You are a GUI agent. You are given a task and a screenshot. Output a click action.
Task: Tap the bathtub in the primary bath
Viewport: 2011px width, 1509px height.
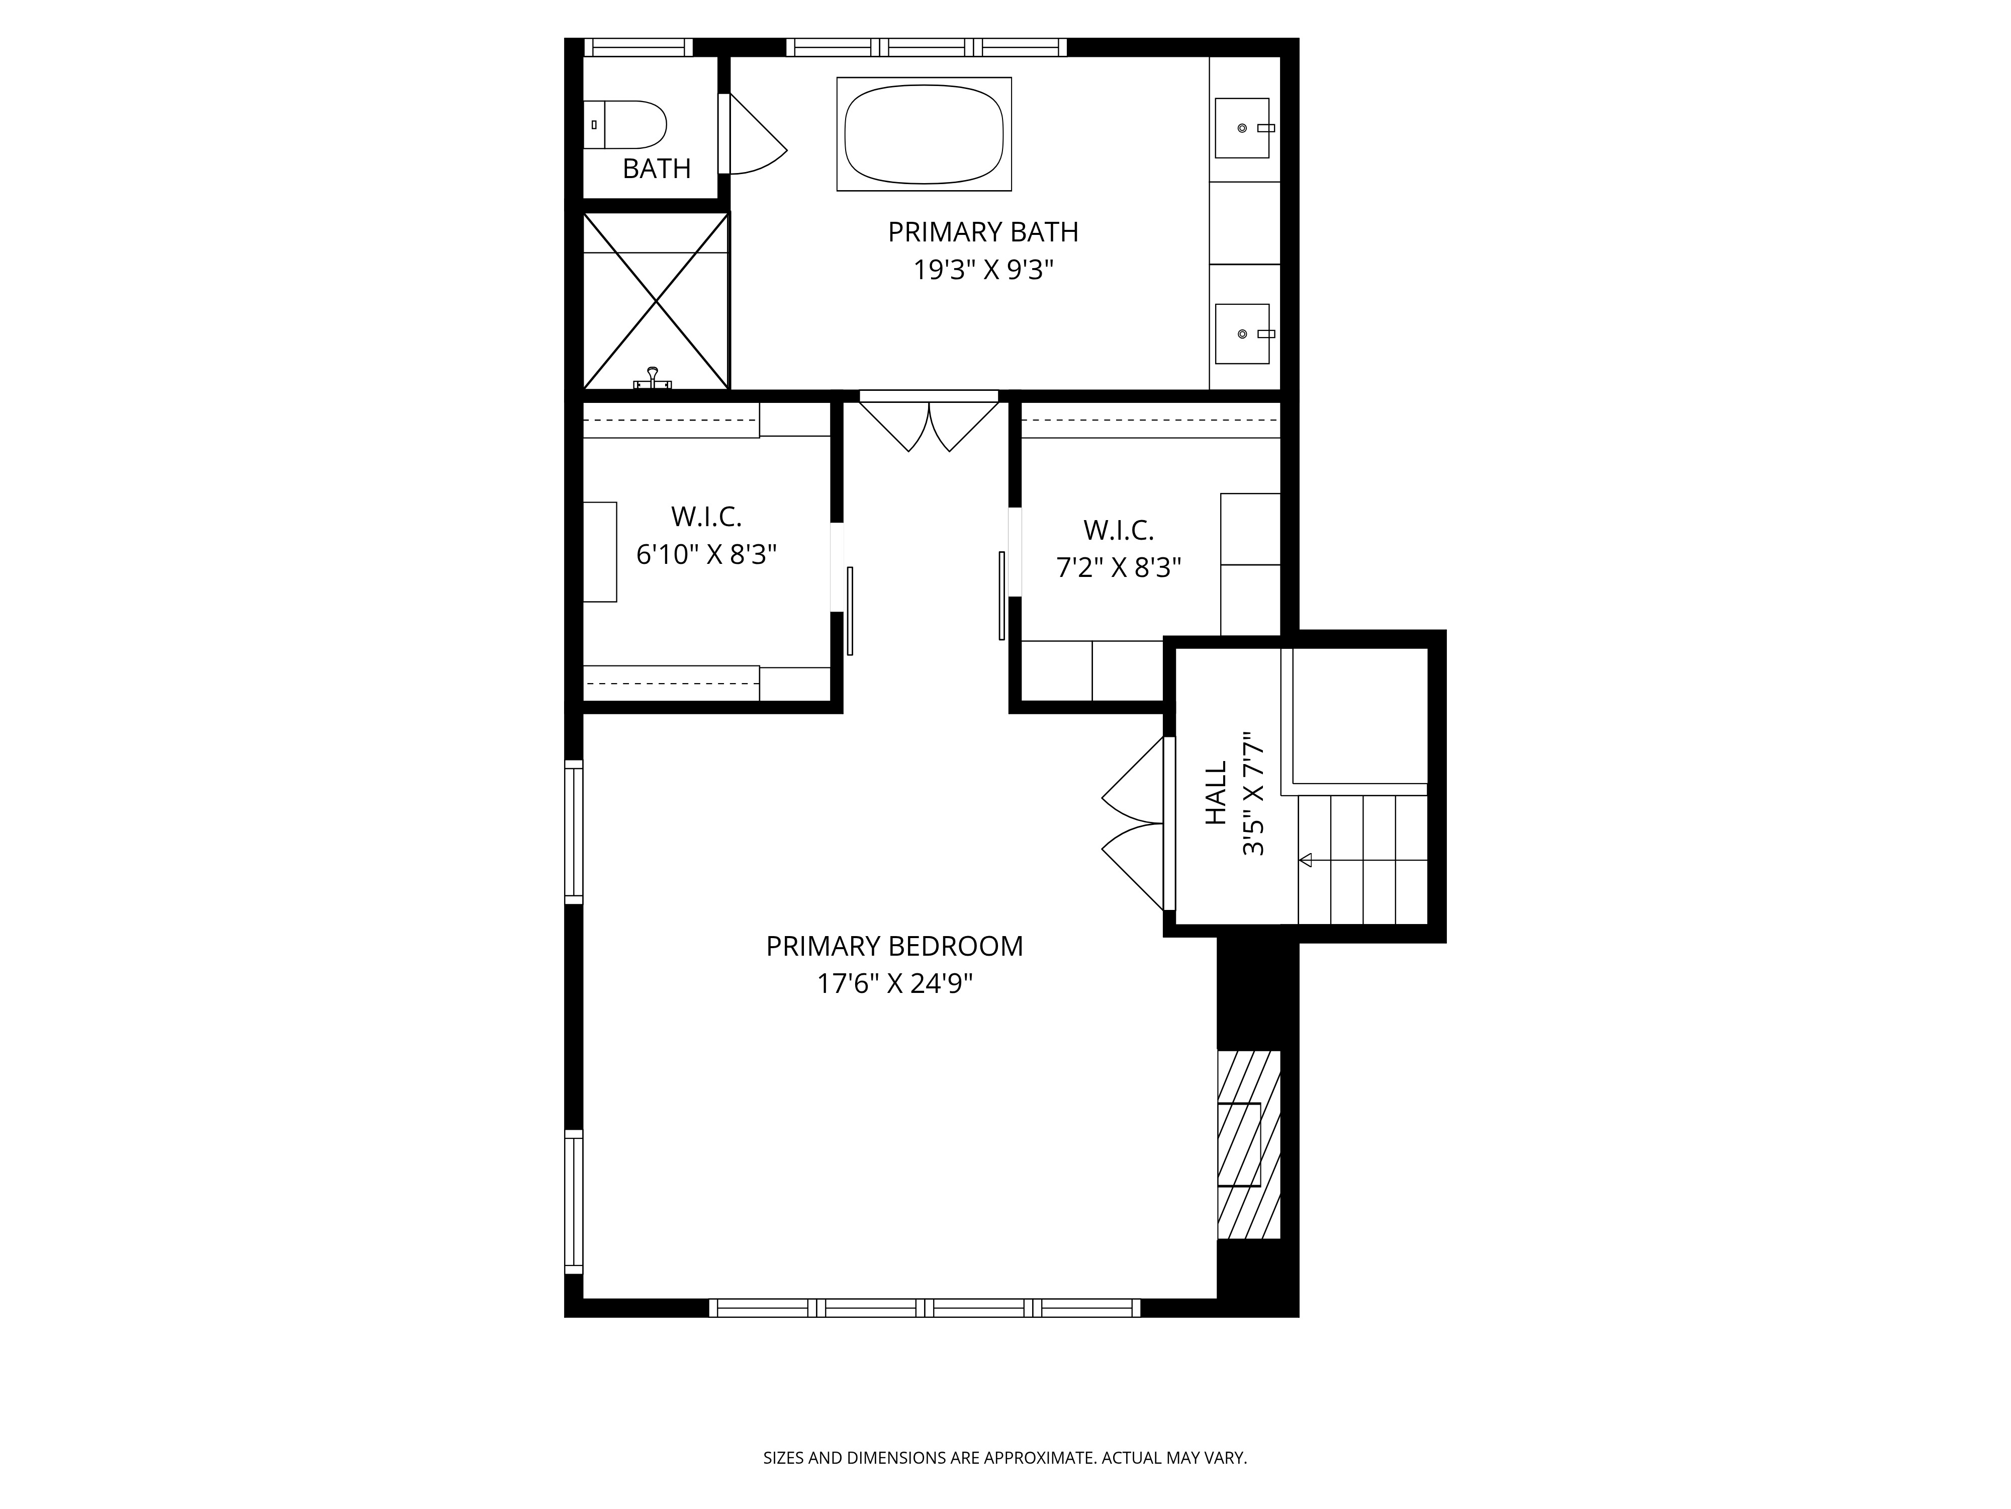pyautogui.click(x=924, y=134)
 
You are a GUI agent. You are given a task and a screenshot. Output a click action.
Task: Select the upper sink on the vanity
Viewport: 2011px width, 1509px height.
pyautogui.click(x=1242, y=128)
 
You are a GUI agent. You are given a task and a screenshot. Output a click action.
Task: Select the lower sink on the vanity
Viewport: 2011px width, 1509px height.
pyautogui.click(x=1242, y=334)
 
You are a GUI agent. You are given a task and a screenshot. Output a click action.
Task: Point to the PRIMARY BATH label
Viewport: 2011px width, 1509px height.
pyautogui.click(x=983, y=232)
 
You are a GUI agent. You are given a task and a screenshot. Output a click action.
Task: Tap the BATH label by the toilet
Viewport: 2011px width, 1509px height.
pyautogui.click(x=657, y=169)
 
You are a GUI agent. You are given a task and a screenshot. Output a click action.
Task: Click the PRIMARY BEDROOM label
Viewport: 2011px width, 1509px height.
pyautogui.click(x=894, y=946)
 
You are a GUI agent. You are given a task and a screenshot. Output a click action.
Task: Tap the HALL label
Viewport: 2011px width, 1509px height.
pyautogui.click(x=1216, y=793)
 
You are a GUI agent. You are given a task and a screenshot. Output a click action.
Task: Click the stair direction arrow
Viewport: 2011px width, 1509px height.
pyautogui.click(x=1306, y=860)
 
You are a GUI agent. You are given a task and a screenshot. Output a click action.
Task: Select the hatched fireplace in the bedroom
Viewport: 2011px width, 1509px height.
pyautogui.click(x=1249, y=1144)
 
